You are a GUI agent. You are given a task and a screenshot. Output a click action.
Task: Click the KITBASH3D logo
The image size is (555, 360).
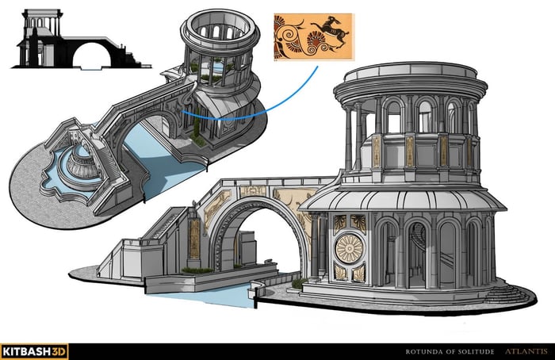pyautogui.click(x=34, y=351)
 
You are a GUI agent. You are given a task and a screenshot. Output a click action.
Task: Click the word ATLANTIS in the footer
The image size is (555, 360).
pyautogui.click(x=526, y=351)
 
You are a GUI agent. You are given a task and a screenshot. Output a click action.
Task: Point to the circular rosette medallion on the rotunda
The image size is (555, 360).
pyautogui.click(x=349, y=248)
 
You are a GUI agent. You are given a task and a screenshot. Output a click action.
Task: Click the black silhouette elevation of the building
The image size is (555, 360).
pyautogui.click(x=81, y=39)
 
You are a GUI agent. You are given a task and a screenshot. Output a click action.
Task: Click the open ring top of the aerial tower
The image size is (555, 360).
pyautogui.click(x=220, y=25)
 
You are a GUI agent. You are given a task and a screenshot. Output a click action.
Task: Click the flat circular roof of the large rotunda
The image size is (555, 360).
pyautogui.click(x=411, y=73)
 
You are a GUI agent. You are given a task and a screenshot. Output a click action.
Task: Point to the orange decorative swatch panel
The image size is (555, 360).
pyautogui.click(x=314, y=37)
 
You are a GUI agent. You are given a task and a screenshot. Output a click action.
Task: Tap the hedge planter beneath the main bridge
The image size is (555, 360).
pyautogui.click(x=197, y=271)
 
